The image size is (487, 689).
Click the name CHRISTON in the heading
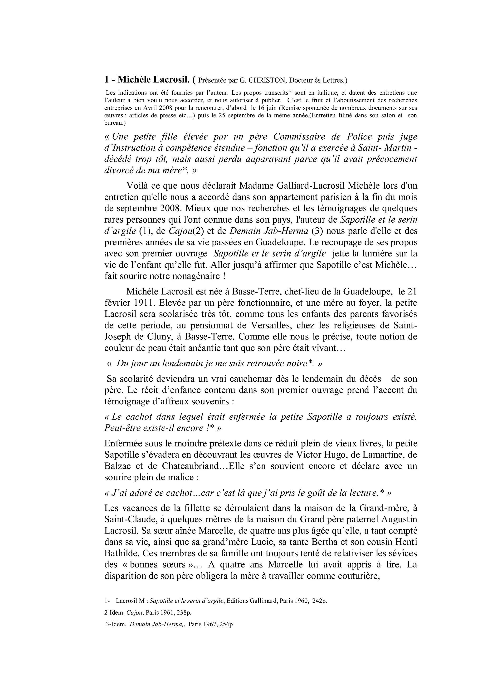click(x=267, y=80)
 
